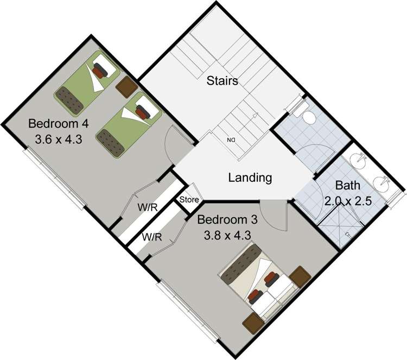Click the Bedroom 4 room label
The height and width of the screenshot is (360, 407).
coord(54,122)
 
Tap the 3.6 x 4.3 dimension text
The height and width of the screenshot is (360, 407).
coord(58,138)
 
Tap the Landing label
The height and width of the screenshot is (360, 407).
coord(250,178)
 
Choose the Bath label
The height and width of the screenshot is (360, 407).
coord(347,185)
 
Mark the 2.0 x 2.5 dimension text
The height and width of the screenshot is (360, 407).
coord(347,201)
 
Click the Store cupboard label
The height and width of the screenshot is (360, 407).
coord(189,200)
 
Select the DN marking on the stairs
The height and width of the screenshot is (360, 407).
coord(231,141)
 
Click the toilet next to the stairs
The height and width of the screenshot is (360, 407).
coord(306,116)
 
